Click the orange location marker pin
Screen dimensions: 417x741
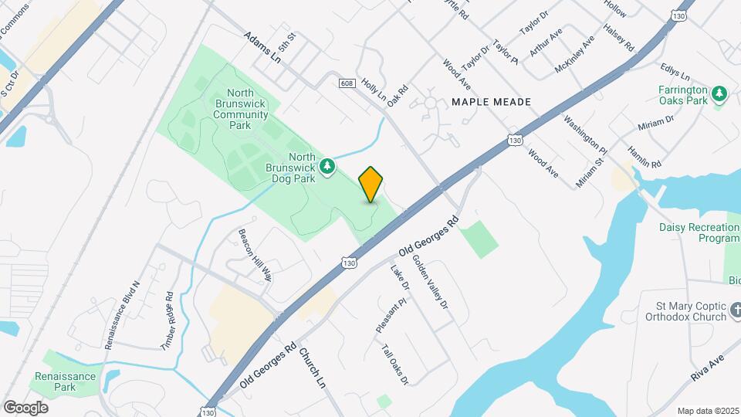tap(371, 185)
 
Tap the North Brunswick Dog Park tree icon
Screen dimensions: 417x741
tap(328, 166)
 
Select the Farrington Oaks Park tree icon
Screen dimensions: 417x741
tap(720, 93)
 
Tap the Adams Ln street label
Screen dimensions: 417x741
tap(262, 48)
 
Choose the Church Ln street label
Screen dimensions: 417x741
tap(313, 368)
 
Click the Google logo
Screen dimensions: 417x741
tap(25, 407)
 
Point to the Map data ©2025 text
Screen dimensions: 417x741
tap(708, 411)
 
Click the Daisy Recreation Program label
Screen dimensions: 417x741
tap(699, 232)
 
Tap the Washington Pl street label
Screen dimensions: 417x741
tap(585, 133)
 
